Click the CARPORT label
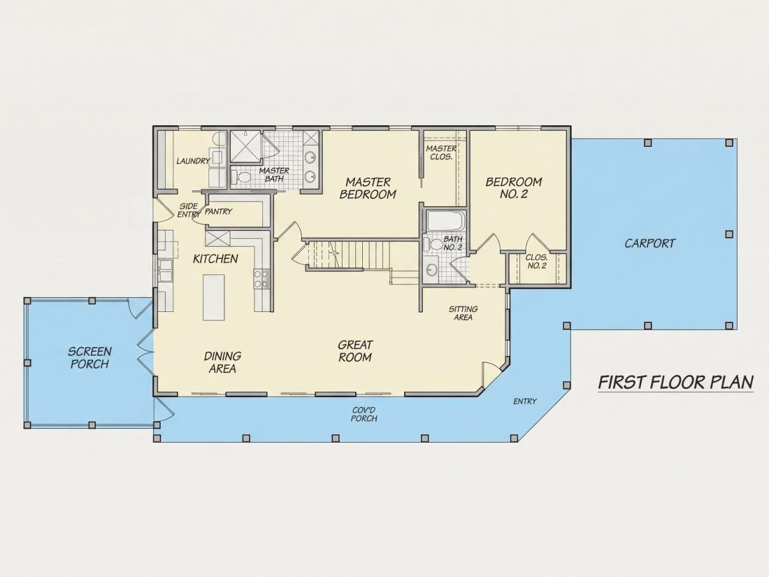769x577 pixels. (x=650, y=243)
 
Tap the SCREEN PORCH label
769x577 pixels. (x=89, y=357)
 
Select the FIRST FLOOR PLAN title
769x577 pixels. (x=676, y=382)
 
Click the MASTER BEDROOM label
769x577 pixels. (x=368, y=188)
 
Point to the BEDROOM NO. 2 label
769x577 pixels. (x=514, y=188)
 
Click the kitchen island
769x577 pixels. (x=214, y=297)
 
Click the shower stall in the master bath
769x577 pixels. (x=247, y=145)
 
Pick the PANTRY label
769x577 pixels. (x=218, y=211)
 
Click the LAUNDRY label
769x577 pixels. (x=193, y=161)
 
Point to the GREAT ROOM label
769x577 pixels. (x=355, y=351)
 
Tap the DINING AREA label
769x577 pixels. (x=222, y=362)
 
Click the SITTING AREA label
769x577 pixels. (x=463, y=313)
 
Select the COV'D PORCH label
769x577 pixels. (x=364, y=415)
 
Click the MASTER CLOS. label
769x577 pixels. (x=440, y=152)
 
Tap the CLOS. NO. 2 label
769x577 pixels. (x=536, y=262)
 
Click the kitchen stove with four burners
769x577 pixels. (x=261, y=279)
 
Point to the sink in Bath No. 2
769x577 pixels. (x=432, y=269)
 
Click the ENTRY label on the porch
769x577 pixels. (x=525, y=401)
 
